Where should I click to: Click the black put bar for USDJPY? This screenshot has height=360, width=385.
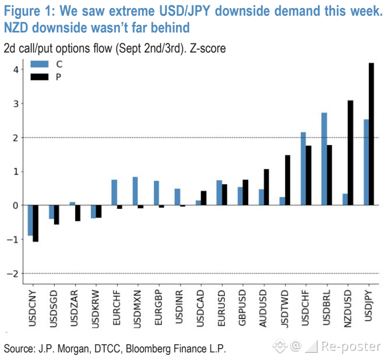click(x=371, y=134)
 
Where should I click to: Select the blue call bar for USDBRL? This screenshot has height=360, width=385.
click(x=324, y=159)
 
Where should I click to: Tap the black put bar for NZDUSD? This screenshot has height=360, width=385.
click(x=350, y=153)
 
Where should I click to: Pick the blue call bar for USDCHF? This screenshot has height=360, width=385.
click(x=303, y=169)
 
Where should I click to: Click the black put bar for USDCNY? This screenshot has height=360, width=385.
click(x=36, y=223)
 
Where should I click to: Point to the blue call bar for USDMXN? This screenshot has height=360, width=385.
click(x=135, y=191)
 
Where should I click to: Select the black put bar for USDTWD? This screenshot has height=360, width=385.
click(x=288, y=180)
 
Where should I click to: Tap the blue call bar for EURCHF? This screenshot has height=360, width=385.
click(x=114, y=192)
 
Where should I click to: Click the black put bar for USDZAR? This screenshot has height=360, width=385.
click(x=77, y=213)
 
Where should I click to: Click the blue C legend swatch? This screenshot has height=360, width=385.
click(x=39, y=64)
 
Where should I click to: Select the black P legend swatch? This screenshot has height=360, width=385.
click(x=39, y=77)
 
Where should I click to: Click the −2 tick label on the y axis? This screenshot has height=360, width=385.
click(x=12, y=274)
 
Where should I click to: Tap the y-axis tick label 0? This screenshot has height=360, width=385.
click(x=16, y=205)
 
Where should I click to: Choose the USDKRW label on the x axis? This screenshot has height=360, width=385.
click(x=95, y=309)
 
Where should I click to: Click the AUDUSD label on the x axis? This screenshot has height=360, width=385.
click(x=263, y=308)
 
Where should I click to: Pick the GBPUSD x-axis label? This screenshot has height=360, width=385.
click(x=242, y=307)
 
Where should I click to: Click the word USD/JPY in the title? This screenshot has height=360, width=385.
click(x=185, y=11)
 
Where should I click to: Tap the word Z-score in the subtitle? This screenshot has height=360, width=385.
click(x=208, y=48)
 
